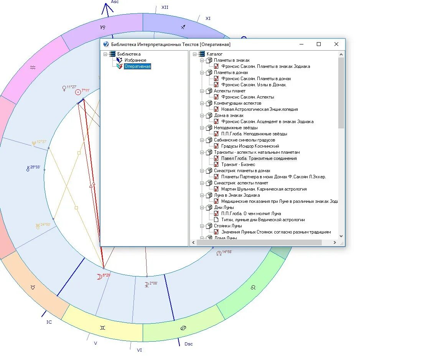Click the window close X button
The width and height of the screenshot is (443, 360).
[x=336, y=44]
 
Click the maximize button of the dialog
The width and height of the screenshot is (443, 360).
[x=318, y=44]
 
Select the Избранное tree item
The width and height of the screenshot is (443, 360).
[x=135, y=60]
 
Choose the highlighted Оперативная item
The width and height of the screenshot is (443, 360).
[x=137, y=66]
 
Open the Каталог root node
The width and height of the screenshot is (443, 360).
[x=214, y=54]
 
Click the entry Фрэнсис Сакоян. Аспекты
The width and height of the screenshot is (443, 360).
[x=247, y=97]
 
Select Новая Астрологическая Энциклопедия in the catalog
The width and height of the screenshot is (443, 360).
[x=259, y=109]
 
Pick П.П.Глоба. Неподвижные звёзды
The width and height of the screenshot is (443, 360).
[x=254, y=134]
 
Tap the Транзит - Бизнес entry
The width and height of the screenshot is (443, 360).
[x=238, y=164]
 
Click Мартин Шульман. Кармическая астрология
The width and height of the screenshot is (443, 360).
[x=263, y=189]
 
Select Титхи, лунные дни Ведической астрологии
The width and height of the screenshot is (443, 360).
[x=263, y=220]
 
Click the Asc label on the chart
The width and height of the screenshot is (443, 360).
[x=115, y=2]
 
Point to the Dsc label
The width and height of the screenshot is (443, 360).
[x=188, y=344]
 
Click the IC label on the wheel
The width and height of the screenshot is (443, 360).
[x=49, y=322]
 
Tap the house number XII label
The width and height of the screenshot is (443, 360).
[x=165, y=7]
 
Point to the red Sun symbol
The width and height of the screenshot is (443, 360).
[x=78, y=92]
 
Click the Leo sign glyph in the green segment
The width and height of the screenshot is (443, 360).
[x=253, y=287]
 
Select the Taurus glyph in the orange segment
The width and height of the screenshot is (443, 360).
[x=33, y=287]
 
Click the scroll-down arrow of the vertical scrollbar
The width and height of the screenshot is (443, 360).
[x=341, y=237]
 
